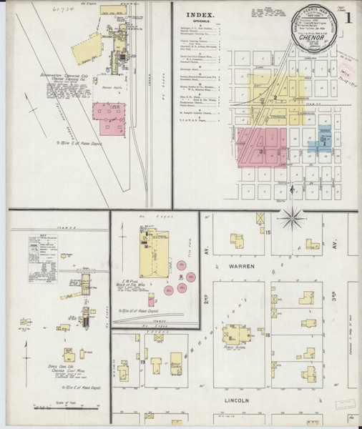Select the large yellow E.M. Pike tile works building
pyautogui.click(x=155, y=257)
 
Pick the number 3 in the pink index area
pyautogui.click(x=261, y=151)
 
